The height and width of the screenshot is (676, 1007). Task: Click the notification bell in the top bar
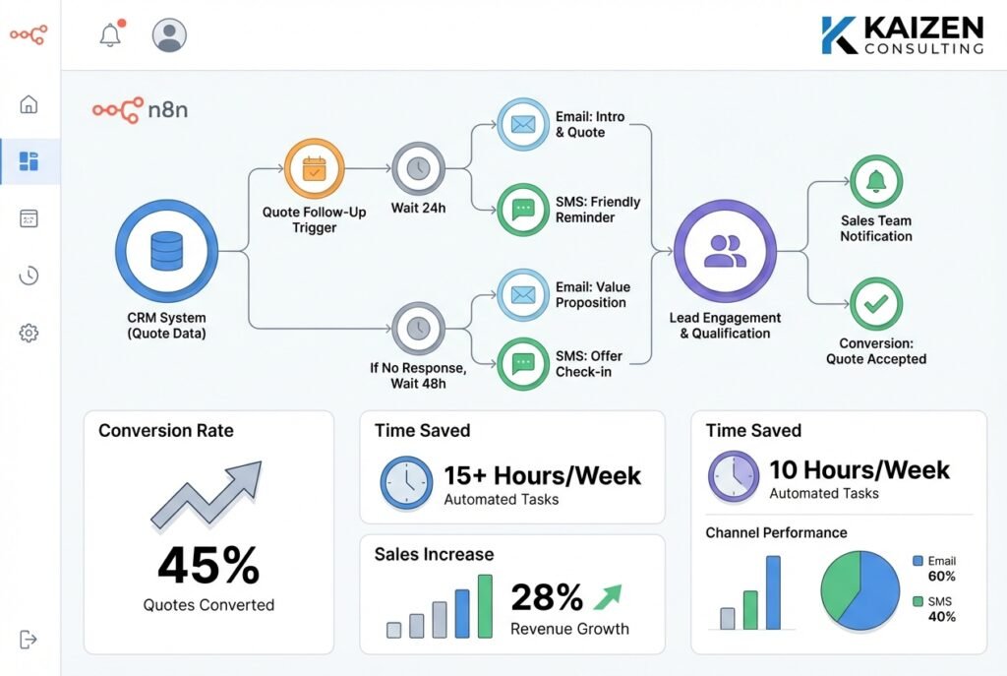point(110,35)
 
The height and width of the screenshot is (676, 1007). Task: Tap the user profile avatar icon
point(169,35)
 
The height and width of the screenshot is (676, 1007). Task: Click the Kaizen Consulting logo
point(902,34)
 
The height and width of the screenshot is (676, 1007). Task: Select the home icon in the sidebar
point(29,104)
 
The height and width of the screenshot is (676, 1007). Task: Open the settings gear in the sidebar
point(29,334)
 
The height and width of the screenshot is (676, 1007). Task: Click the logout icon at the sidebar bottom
point(29,640)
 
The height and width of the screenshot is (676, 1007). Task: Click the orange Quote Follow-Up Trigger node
point(314,169)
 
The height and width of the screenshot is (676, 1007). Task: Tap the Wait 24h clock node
point(419,169)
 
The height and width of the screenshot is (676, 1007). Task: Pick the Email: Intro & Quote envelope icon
point(523,125)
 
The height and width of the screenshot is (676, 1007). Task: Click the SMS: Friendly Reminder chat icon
point(523,209)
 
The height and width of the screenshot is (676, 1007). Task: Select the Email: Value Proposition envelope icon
point(523,294)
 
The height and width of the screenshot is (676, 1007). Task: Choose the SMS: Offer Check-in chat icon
point(523,365)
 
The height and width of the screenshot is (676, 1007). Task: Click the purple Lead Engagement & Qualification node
point(726,251)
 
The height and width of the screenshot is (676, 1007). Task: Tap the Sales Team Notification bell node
point(875,181)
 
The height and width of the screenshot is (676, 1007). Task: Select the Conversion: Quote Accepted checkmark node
point(875,304)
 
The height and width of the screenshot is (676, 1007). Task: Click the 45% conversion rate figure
point(208,566)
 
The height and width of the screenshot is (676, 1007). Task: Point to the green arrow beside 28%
point(607,596)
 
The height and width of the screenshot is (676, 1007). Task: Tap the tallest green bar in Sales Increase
point(485,605)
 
